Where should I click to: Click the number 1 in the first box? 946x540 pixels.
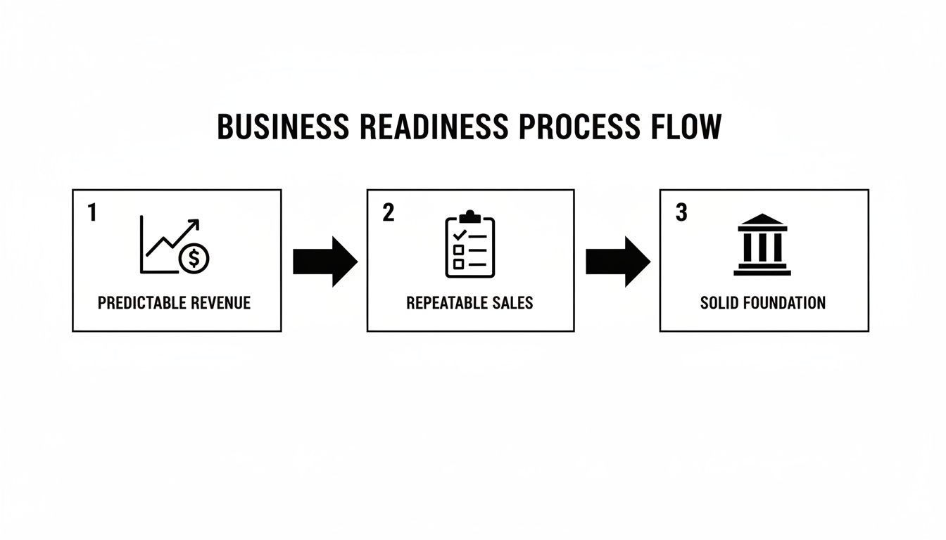click(x=92, y=212)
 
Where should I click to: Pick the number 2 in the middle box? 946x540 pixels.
click(x=388, y=212)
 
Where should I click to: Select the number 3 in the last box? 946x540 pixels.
click(x=681, y=212)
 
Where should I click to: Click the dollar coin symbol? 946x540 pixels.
click(x=194, y=259)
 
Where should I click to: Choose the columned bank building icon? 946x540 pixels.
click(x=762, y=244)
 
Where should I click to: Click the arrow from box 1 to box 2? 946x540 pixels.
click(x=324, y=261)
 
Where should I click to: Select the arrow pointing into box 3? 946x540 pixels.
click(x=617, y=261)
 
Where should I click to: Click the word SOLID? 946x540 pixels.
click(x=718, y=303)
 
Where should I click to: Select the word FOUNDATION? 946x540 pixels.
click(x=782, y=303)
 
